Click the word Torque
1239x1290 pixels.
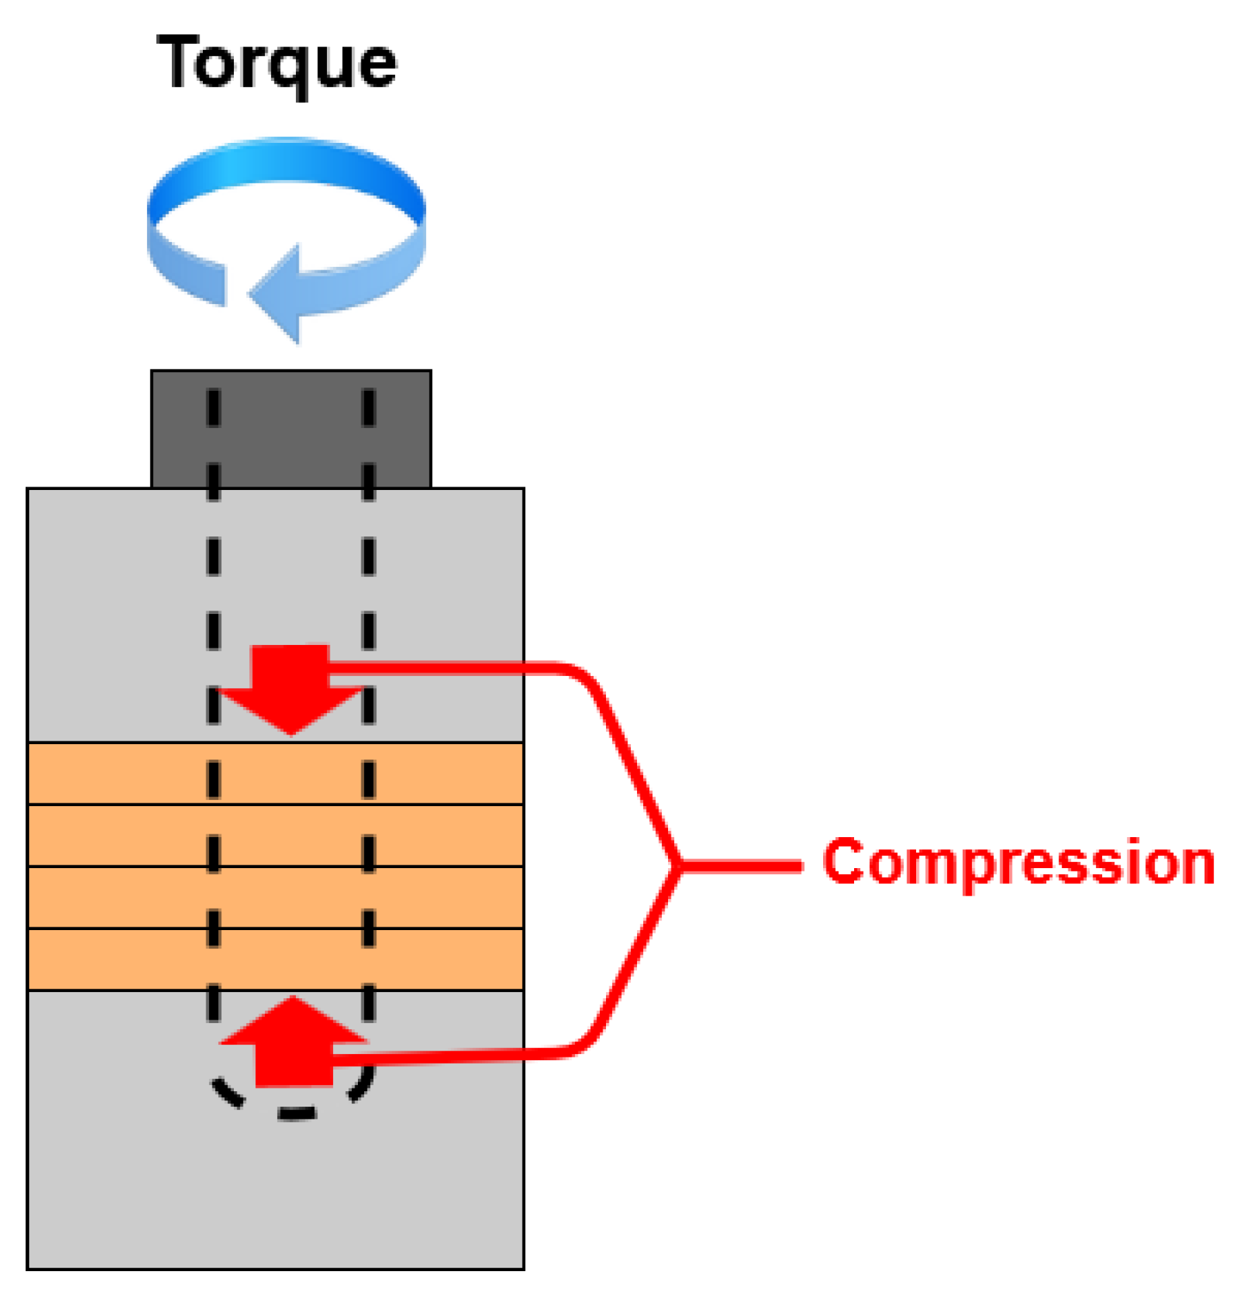(x=276, y=64)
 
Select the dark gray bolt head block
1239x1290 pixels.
(x=291, y=429)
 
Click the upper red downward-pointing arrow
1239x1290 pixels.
(x=291, y=687)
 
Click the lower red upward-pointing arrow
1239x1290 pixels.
(x=294, y=1041)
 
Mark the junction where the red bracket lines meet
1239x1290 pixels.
(x=677, y=865)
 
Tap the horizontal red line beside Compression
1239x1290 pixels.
(x=742, y=866)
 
